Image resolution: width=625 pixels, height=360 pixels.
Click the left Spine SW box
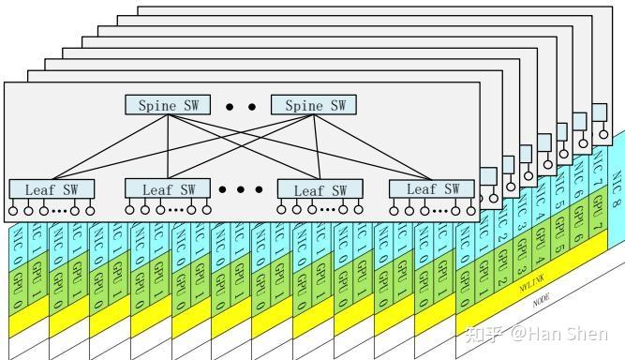[169, 105]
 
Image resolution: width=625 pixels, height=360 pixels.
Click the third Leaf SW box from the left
[321, 189]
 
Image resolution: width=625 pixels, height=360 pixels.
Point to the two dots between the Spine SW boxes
[241, 107]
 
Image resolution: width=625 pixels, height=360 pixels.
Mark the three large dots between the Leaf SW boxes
[240, 189]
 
